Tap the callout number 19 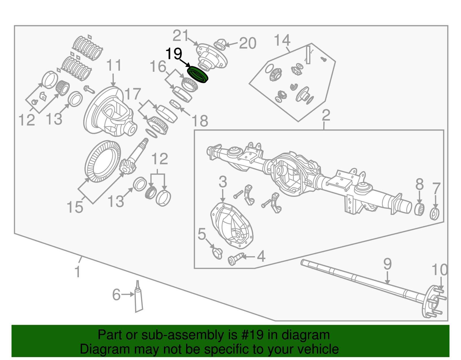click(174, 54)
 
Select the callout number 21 click(181, 36)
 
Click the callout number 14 click(282, 40)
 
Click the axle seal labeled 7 click(434, 214)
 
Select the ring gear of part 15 click(103, 161)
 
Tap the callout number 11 click(114, 66)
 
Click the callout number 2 click(326, 115)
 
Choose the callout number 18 click(200, 121)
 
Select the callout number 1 click(77, 272)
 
